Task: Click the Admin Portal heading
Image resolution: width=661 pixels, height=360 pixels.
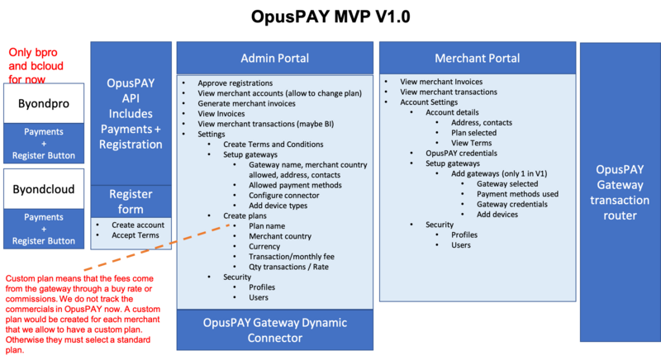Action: click(x=274, y=59)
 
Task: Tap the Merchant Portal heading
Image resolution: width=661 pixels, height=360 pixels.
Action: click(x=477, y=59)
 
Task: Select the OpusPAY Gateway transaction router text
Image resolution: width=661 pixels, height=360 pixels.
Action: click(x=620, y=192)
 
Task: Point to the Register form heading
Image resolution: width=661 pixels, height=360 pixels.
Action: click(x=130, y=201)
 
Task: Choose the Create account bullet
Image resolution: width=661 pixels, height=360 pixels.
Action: click(x=137, y=225)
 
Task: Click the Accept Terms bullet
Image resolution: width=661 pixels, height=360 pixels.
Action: click(x=136, y=235)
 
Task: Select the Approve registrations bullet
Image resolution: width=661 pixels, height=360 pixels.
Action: click(x=235, y=84)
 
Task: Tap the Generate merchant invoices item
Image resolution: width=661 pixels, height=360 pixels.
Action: click(x=246, y=104)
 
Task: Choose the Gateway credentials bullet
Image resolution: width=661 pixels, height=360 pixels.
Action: click(x=511, y=204)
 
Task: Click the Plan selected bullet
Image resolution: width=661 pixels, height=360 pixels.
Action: click(x=475, y=132)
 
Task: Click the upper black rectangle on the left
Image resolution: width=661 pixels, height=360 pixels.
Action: click(x=43, y=103)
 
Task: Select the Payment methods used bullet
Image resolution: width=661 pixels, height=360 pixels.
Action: click(x=517, y=194)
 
